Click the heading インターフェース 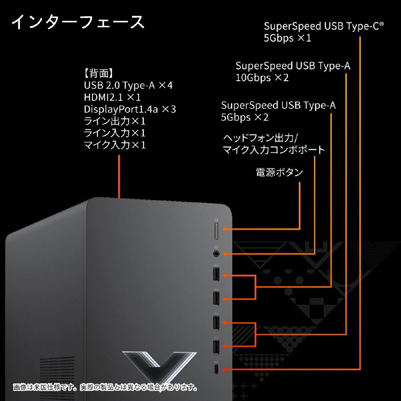78,22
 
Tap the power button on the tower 216,231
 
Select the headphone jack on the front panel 217,253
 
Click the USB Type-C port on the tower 216,369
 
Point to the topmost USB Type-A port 216,275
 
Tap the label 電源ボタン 279,173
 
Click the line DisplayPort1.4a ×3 130,109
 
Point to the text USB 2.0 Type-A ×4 128,85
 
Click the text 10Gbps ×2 262,78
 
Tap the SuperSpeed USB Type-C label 324,26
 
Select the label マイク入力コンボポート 274,150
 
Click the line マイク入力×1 115,145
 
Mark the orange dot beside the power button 226,229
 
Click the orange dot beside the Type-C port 226,369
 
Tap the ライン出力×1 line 115,121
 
